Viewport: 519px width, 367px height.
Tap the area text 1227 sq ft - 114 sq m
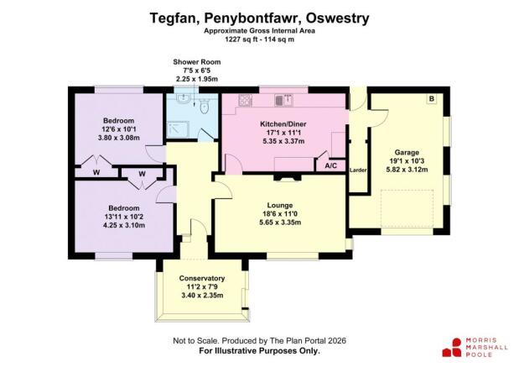[x=258, y=39]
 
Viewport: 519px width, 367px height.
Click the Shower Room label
[x=195, y=63]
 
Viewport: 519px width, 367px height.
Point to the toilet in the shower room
[x=205, y=104]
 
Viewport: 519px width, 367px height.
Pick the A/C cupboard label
[x=331, y=166]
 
